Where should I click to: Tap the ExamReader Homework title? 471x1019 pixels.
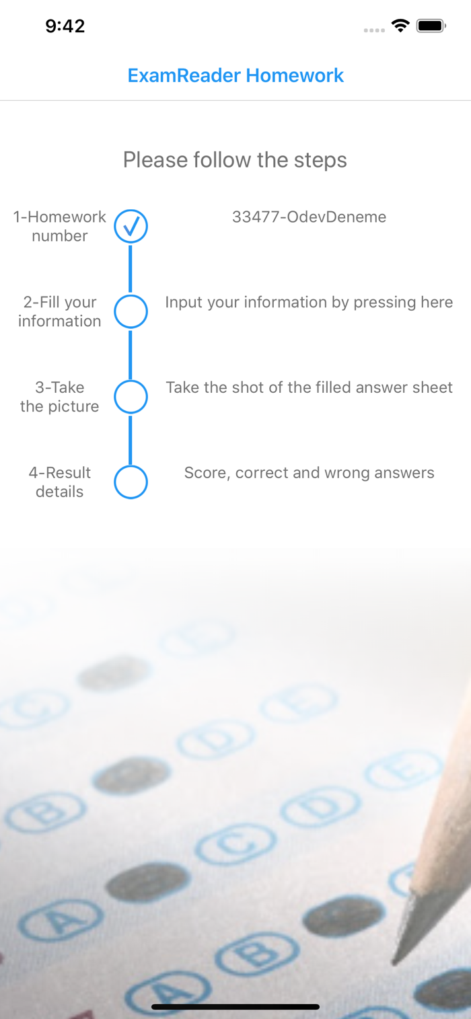tap(235, 75)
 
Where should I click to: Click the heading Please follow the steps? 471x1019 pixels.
tap(235, 160)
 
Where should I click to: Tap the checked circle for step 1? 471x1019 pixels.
tap(131, 226)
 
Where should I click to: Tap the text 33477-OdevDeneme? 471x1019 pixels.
tap(309, 217)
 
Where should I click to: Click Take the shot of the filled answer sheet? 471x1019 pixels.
tap(309, 387)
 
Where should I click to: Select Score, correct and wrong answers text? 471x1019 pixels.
tap(309, 473)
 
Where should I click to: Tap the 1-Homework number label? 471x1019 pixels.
tap(60, 226)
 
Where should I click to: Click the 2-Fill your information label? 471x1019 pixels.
tap(60, 311)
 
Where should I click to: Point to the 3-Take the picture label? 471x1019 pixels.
tap(60, 397)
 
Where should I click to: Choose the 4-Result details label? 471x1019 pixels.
tap(60, 482)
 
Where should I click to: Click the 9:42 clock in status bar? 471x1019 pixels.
tap(65, 26)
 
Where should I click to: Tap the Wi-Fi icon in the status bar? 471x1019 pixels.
tap(400, 26)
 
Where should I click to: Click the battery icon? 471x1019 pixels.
tap(431, 26)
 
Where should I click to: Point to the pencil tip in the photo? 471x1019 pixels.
tap(394, 961)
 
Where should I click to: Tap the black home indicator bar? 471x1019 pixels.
tap(235, 1007)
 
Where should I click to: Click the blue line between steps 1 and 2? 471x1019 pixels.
tap(131, 269)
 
